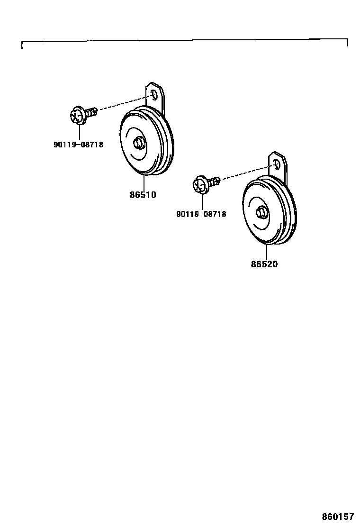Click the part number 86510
(x=143, y=194)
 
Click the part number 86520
(x=264, y=264)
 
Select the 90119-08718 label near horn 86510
(x=78, y=145)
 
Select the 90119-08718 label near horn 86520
(x=201, y=214)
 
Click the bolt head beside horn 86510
(x=77, y=116)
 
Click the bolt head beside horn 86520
(x=200, y=184)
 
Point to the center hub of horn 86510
(x=138, y=143)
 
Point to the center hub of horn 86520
(x=260, y=212)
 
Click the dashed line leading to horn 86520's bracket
(x=246, y=173)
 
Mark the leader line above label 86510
(x=143, y=182)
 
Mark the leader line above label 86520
(x=266, y=252)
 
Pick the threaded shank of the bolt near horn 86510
(x=92, y=112)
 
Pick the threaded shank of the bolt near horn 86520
(x=215, y=181)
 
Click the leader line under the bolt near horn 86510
(x=79, y=133)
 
